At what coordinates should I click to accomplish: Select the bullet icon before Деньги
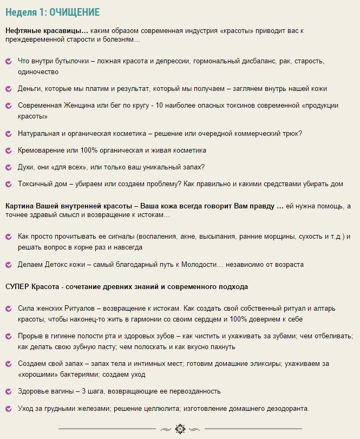8,89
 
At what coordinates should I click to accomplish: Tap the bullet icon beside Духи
8,167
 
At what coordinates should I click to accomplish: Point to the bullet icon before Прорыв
8,336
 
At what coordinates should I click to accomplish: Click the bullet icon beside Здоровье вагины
8,391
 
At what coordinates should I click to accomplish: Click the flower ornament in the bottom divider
180,429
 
